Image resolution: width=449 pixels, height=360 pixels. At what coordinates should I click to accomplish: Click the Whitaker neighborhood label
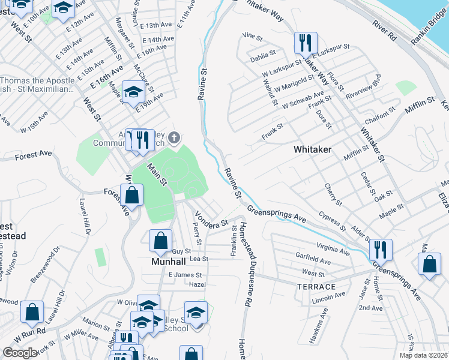(x=312, y=149)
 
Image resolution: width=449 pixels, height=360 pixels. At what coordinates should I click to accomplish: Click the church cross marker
(x=174, y=139)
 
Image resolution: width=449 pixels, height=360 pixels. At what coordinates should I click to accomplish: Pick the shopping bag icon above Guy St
(x=161, y=241)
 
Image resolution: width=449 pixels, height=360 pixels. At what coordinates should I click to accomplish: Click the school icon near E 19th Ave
(x=134, y=91)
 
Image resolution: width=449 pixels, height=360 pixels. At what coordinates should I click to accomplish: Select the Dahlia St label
(x=264, y=53)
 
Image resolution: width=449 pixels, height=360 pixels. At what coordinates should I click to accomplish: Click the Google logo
(x=20, y=352)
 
